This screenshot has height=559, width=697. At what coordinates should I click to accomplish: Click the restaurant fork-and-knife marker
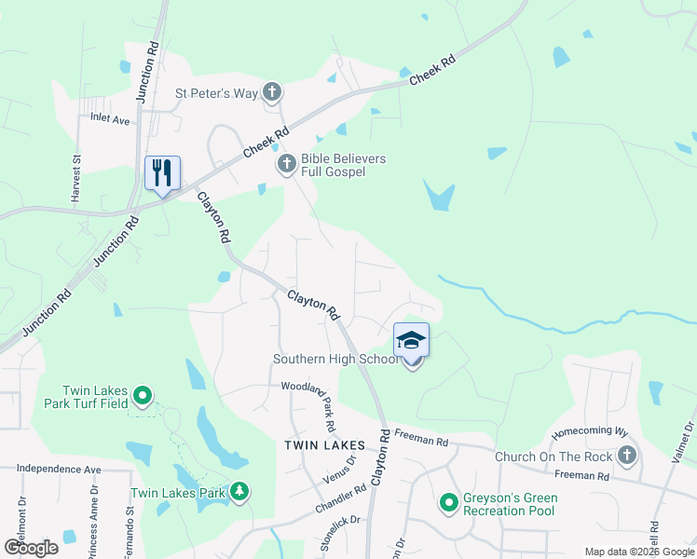point(162,172)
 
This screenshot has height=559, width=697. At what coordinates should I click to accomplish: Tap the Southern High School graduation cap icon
point(411,341)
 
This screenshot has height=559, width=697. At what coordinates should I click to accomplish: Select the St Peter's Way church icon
point(271,92)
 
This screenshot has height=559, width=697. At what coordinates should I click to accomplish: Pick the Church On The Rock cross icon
point(627,456)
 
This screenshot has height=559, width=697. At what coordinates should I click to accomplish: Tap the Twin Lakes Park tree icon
point(239,491)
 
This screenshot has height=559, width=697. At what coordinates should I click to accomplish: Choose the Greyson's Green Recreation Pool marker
point(449,504)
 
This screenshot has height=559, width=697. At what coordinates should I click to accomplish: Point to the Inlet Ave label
point(110,118)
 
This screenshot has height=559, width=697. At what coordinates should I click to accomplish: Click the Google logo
point(30,548)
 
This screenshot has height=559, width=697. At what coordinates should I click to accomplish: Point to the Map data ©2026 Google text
point(639,552)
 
